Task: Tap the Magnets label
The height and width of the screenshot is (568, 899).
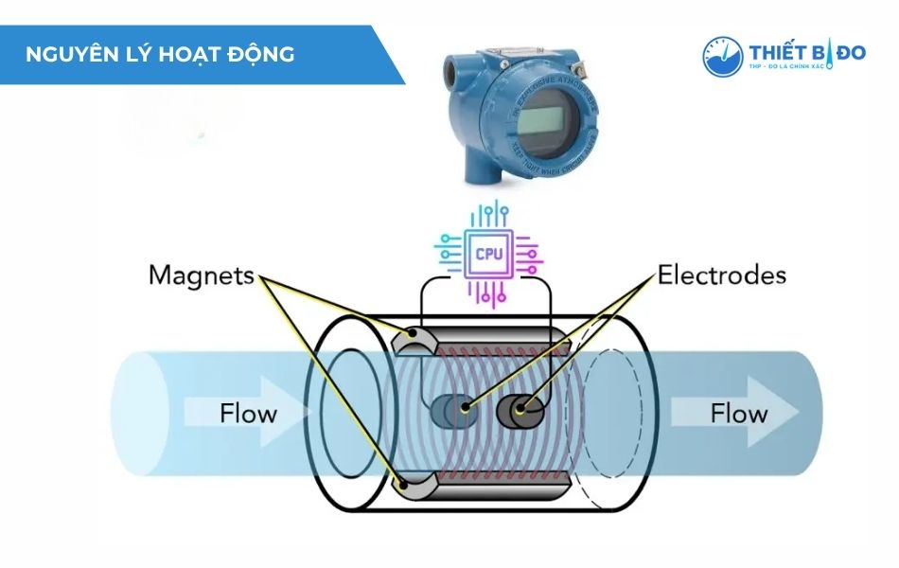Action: click(201, 275)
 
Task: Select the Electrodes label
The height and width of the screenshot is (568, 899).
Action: click(722, 275)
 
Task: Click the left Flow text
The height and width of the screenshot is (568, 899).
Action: click(248, 414)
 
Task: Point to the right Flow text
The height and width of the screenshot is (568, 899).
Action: click(739, 414)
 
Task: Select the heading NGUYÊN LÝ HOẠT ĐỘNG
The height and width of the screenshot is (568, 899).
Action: click(161, 54)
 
